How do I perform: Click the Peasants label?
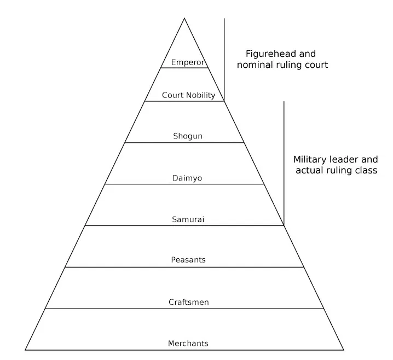[188, 260]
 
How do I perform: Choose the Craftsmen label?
[188, 302]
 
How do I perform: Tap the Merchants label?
[188, 344]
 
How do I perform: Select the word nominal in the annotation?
[255, 65]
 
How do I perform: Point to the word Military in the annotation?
[310, 160]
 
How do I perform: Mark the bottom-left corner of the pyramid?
[25, 350]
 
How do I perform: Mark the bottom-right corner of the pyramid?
[344, 350]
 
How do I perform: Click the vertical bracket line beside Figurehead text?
[224, 55]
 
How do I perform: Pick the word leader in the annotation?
[345, 160]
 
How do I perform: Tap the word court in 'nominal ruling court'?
[316, 65]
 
